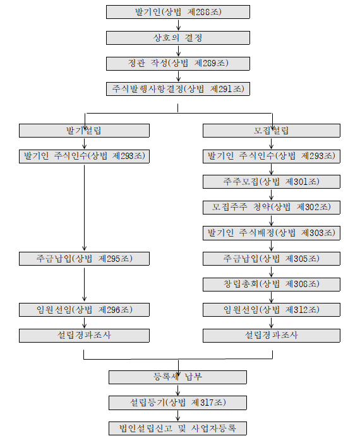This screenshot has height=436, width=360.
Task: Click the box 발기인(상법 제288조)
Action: [178, 12]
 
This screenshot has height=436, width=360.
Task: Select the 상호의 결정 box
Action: [178, 38]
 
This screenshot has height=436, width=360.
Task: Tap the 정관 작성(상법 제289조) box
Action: [178, 63]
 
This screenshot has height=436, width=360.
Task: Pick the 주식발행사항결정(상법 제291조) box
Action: [178, 89]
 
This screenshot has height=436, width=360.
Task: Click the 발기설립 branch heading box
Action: [84, 131]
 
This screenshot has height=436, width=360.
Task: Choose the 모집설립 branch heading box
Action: [272, 131]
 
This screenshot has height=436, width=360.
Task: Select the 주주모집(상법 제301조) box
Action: [272, 182]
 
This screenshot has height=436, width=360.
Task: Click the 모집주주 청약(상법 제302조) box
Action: [272, 208]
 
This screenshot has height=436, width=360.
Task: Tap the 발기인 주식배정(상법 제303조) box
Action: [272, 233]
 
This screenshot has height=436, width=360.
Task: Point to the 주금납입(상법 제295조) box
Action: [84, 259]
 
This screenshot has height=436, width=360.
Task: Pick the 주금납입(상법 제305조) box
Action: [272, 259]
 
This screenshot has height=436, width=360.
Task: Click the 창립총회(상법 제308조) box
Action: [272, 285]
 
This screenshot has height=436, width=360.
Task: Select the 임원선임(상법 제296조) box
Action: [84, 310]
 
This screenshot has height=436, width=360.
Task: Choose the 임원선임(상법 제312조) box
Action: [272, 310]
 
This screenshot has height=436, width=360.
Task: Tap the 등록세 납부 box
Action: [177, 377]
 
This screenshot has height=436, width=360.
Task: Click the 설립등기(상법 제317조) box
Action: [177, 403]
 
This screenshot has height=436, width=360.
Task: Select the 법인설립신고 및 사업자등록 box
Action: [177, 428]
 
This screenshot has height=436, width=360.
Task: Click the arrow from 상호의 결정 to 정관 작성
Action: [178, 51]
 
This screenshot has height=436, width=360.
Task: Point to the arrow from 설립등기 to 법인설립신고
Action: [178, 416]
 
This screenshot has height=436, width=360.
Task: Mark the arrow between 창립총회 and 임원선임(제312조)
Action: [272, 297]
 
